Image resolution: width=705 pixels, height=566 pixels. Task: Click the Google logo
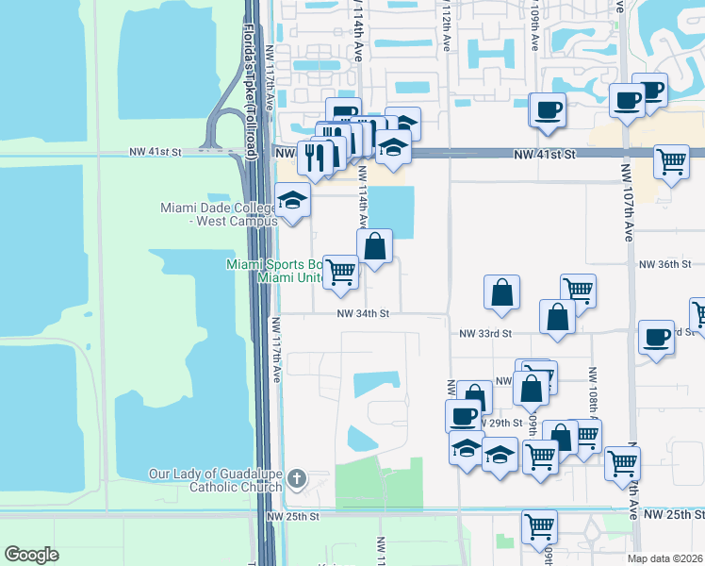coord(31,555)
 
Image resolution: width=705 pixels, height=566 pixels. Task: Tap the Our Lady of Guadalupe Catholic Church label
coord(215,480)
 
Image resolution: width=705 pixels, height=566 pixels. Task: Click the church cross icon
coord(296,480)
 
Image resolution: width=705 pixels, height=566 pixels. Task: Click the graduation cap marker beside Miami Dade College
coord(293,201)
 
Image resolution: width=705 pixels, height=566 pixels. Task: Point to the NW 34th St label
coord(363,314)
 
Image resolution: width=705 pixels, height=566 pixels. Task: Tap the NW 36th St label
coord(665,265)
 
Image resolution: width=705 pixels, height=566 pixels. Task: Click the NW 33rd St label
coord(485,333)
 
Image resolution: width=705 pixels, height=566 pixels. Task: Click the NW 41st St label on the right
coord(545,152)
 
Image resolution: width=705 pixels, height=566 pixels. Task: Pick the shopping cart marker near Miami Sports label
coord(340,273)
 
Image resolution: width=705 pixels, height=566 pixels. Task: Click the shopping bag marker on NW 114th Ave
coord(374,246)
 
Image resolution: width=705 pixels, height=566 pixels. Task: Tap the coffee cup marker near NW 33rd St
coord(656,337)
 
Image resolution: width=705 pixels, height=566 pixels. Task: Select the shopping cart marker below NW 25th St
coord(539,525)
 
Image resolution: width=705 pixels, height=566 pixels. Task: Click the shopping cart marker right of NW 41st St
coord(671,161)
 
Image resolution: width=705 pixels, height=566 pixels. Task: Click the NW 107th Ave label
coord(626,203)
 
